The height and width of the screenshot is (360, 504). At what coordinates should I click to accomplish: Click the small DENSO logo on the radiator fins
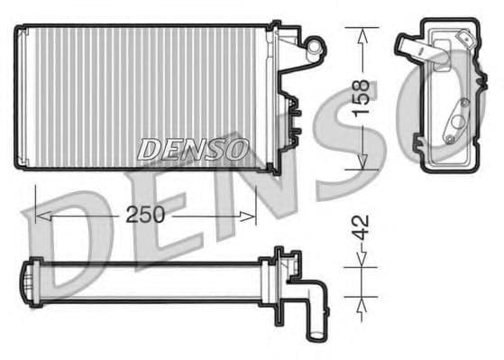pos(193,149)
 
